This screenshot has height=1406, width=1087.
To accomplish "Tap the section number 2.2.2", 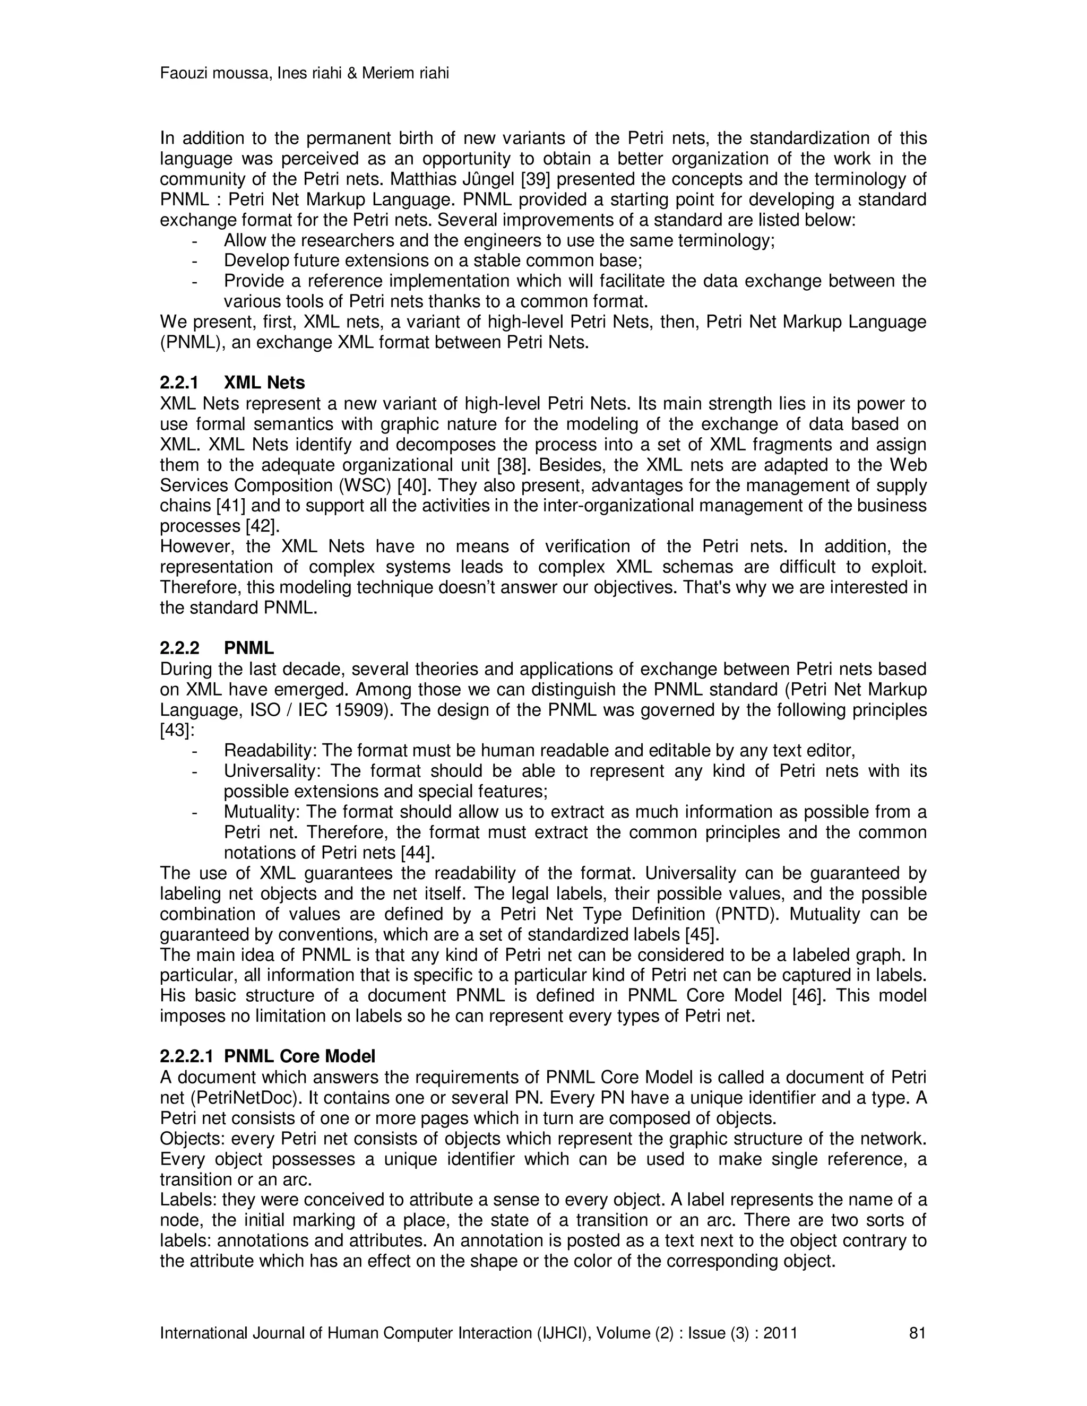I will click(180, 648).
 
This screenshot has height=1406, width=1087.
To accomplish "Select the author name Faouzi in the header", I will click(182, 73).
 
